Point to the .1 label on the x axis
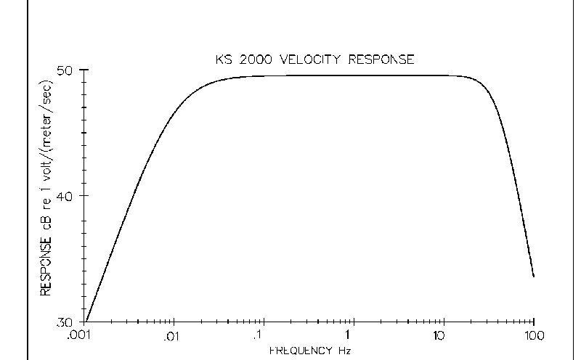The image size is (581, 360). click(259, 336)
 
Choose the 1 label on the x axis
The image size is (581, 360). click(349, 336)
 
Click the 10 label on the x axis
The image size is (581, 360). click(438, 336)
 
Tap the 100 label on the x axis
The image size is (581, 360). click(535, 336)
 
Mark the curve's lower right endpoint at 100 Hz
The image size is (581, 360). click(534, 277)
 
